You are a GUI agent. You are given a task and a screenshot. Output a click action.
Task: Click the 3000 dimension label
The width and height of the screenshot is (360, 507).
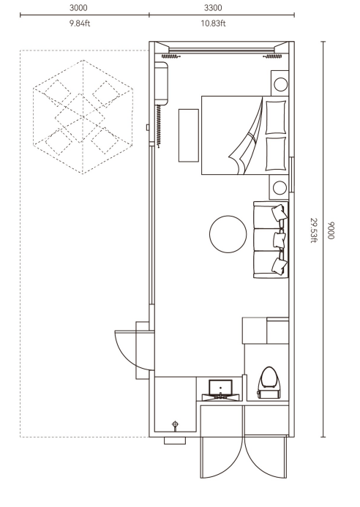pyautogui.click(x=78, y=8)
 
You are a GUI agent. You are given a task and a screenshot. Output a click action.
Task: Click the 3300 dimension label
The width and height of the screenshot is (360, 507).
pyautogui.click(x=213, y=8)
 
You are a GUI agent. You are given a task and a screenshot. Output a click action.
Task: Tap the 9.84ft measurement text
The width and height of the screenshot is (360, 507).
pyautogui.click(x=80, y=23)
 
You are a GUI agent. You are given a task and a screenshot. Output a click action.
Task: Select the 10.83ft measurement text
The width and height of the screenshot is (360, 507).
pyautogui.click(x=213, y=23)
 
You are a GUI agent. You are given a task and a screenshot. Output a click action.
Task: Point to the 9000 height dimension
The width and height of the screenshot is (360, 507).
pyautogui.click(x=330, y=230)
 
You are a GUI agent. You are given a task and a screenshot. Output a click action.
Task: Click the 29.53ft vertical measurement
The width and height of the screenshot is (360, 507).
pyautogui.click(x=313, y=230)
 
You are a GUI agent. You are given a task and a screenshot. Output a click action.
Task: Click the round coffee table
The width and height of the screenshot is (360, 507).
pyautogui.click(x=228, y=234)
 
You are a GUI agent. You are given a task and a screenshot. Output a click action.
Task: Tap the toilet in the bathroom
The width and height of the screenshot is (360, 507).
pyautogui.click(x=269, y=383)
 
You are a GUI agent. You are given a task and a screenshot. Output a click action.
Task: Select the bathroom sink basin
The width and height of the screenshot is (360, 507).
pyautogui.click(x=220, y=387)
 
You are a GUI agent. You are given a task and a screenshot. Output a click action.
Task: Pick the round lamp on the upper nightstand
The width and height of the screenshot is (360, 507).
pyautogui.click(x=280, y=84)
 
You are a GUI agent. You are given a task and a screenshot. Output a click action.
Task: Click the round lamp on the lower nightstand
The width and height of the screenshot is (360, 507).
pyautogui.click(x=280, y=187)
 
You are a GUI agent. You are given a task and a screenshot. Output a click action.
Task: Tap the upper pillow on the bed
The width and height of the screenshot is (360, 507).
pyautogui.click(x=276, y=117)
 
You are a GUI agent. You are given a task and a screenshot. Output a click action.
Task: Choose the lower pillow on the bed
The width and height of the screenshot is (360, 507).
pyautogui.click(x=276, y=154)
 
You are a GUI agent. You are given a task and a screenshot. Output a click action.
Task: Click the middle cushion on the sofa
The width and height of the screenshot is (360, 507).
pyautogui.click(x=279, y=240)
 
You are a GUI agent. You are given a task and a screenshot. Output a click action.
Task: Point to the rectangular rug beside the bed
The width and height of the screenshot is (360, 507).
pyautogui.click(x=189, y=135)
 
